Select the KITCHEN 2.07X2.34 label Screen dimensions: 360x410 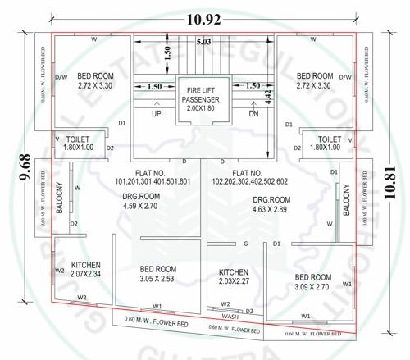click(x=86, y=270)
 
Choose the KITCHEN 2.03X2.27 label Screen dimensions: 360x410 click(x=234, y=277)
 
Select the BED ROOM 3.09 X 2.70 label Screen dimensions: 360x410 click(x=312, y=282)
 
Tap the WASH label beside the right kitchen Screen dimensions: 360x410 click(x=230, y=315)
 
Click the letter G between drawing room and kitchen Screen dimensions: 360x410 click(x=246, y=244)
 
